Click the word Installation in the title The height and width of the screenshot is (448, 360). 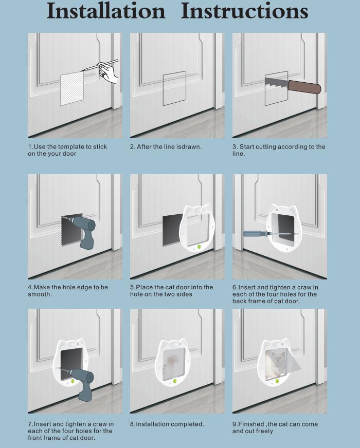(106, 11)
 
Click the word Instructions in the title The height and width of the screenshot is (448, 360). (244, 11)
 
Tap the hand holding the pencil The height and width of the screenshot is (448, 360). (108, 73)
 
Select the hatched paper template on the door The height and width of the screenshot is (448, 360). (72, 88)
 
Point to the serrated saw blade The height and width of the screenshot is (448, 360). (277, 83)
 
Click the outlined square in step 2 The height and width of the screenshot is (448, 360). (174, 88)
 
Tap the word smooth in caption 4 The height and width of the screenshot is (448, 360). (40, 294)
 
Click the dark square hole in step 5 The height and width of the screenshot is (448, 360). (172, 230)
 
